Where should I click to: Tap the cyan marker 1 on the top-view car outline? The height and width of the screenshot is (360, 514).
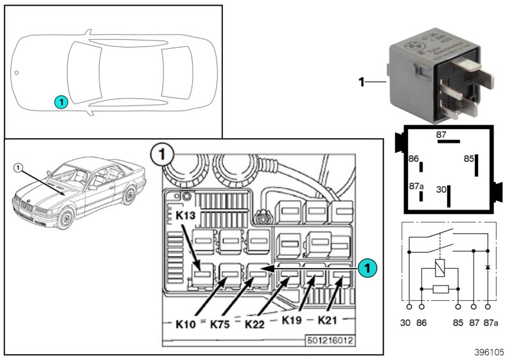pos(60,101)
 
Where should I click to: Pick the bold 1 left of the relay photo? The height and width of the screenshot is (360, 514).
pos(361,82)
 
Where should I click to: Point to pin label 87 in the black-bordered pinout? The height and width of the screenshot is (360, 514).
pos(441,135)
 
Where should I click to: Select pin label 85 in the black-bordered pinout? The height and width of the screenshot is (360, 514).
pos(469,157)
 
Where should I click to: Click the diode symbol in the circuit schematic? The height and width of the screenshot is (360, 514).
pos(488,266)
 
